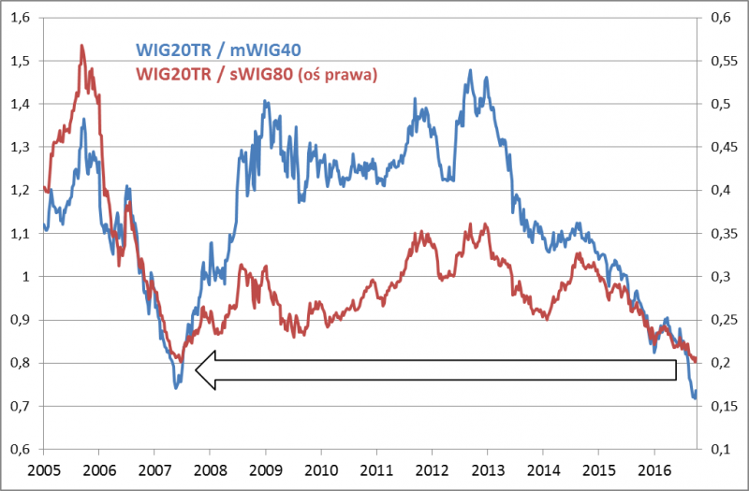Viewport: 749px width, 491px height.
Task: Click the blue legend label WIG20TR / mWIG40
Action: pos(217,49)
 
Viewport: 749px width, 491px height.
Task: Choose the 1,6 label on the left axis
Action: pos(18,18)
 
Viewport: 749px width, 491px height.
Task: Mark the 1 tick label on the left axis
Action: pos(24,277)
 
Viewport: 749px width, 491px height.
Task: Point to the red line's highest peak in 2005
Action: pos(81,45)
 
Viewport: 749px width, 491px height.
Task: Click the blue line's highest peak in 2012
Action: pos(470,69)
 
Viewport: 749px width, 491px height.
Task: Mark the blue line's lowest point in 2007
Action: pos(176,386)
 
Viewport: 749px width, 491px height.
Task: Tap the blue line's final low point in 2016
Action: pos(695,398)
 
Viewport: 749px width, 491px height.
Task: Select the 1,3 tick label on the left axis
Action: pos(18,147)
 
